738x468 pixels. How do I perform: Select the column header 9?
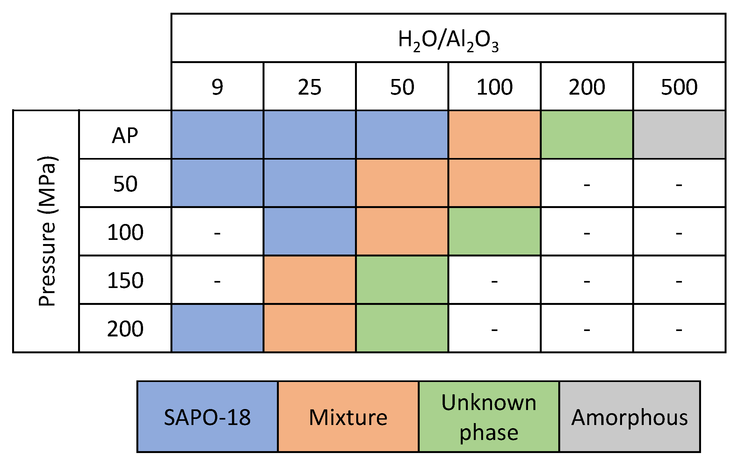217,87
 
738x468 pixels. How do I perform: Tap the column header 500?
679,87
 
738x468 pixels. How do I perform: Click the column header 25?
309,87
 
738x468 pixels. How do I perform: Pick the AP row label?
125,135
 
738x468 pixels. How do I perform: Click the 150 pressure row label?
125,280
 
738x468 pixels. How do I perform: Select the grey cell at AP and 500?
679,134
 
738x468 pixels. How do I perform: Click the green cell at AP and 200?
587,134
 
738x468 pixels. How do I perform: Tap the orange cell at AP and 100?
494,134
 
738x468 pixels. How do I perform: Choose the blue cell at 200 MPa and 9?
217,328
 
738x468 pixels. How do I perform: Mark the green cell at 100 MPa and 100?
494,231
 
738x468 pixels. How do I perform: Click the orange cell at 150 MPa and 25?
309,280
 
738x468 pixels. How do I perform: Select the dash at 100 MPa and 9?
217,233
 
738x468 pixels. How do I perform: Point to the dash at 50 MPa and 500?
679,185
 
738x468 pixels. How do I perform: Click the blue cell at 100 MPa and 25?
309,231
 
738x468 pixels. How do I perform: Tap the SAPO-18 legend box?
207,416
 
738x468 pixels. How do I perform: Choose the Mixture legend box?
348,416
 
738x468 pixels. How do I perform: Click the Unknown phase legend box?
489,416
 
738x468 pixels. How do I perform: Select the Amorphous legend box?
630,416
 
